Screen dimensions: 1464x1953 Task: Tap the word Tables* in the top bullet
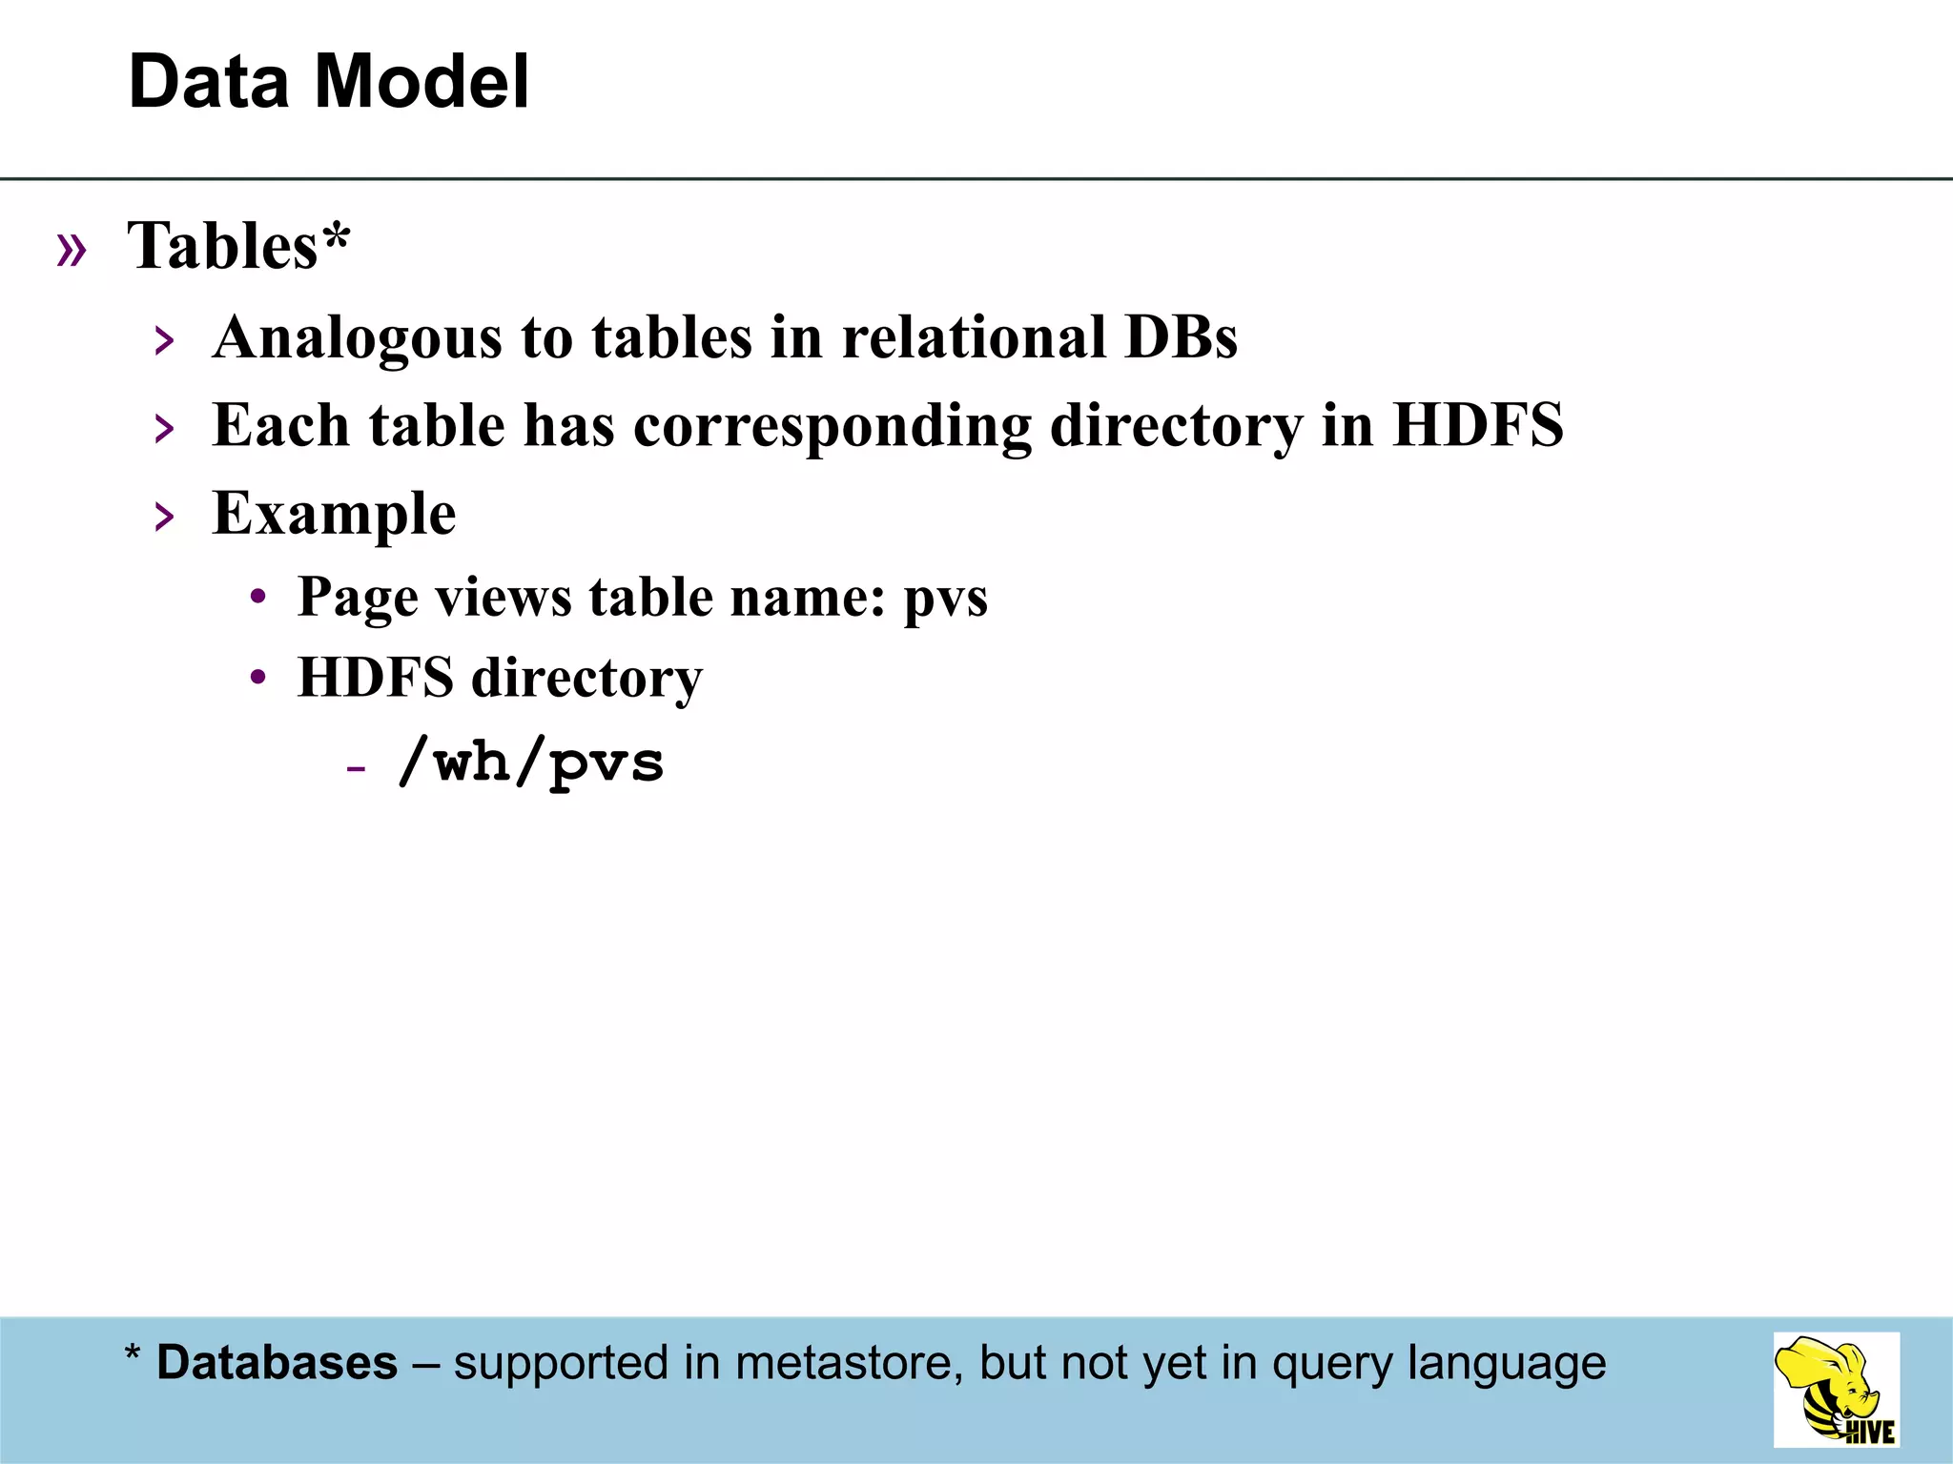[239, 246]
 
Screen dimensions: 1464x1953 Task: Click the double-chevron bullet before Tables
[72, 250]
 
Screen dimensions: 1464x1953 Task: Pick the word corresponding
[832, 426]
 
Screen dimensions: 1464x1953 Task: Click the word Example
[334, 514]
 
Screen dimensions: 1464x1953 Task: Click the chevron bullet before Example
[165, 518]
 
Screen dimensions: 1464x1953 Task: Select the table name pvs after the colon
[945, 598]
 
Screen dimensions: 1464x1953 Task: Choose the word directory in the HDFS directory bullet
[586, 679]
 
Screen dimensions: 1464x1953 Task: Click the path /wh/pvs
[530, 762]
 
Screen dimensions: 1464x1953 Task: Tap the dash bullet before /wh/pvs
[356, 768]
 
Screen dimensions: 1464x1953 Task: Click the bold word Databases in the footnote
[277, 1363]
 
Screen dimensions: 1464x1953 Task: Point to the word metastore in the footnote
[843, 1363]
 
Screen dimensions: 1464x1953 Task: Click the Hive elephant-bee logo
[1836, 1390]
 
